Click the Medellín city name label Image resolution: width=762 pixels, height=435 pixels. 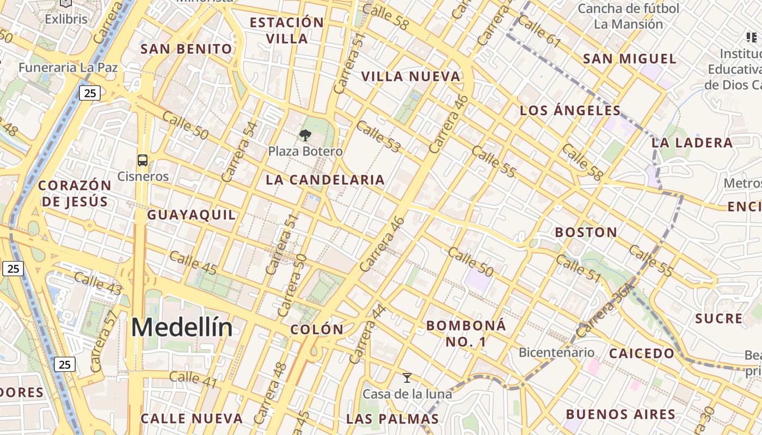click(182, 327)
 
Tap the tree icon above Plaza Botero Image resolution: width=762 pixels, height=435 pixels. click(305, 135)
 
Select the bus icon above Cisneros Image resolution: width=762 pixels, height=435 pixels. click(143, 160)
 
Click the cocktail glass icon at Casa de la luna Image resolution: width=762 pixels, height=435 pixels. click(407, 378)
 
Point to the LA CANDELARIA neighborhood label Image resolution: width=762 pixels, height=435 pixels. click(325, 180)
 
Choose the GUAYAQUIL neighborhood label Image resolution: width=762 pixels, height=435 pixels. click(192, 215)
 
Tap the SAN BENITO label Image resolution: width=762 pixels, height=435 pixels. click(186, 49)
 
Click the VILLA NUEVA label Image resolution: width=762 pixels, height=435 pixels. click(411, 77)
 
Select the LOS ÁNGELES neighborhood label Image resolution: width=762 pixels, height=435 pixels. click(570, 111)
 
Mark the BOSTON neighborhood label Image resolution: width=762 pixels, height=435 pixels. click(586, 233)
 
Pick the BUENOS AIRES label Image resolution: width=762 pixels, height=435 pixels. click(620, 414)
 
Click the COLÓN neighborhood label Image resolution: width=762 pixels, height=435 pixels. click(317, 330)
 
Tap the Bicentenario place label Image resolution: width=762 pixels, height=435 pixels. click(556, 352)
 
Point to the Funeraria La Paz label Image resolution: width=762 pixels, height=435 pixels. click(68, 68)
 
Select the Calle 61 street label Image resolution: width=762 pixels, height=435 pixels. click(539, 31)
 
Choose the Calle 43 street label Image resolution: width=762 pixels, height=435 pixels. click(97, 284)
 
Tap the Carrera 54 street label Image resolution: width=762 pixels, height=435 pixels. click(239, 152)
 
